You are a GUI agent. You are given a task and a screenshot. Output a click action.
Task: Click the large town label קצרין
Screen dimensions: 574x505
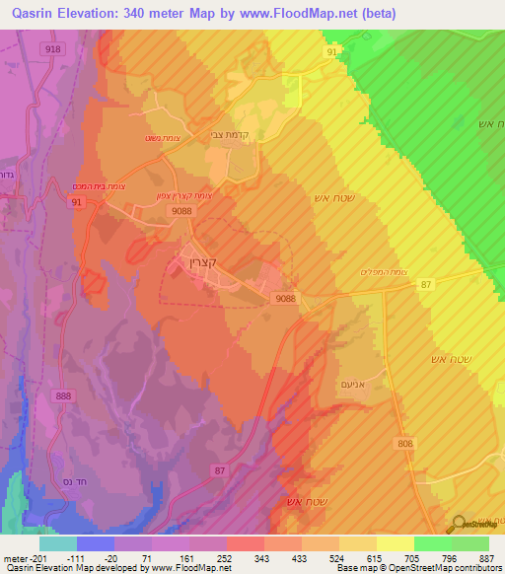click(201, 262)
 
